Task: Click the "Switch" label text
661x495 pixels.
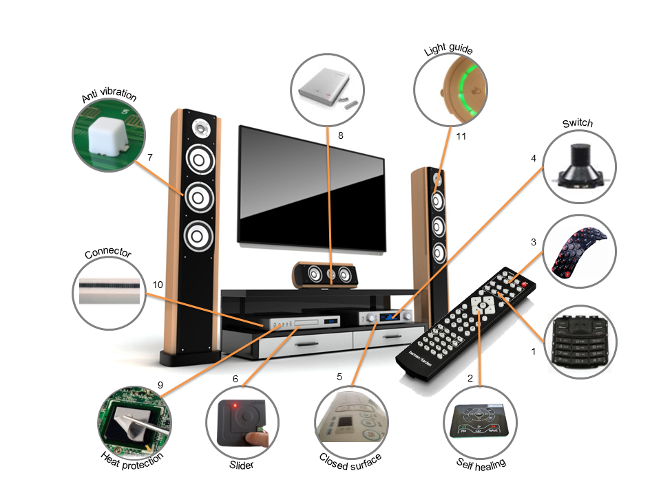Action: tap(577, 123)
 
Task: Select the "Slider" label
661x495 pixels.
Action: tap(241, 465)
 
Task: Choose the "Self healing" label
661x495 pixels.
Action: tap(481, 462)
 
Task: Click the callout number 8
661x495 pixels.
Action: tap(339, 135)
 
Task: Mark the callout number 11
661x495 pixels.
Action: tap(461, 136)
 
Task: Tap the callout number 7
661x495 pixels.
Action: tap(149, 157)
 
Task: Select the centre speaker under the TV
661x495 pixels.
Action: tap(324, 274)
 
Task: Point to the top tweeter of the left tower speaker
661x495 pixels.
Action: tap(202, 127)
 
